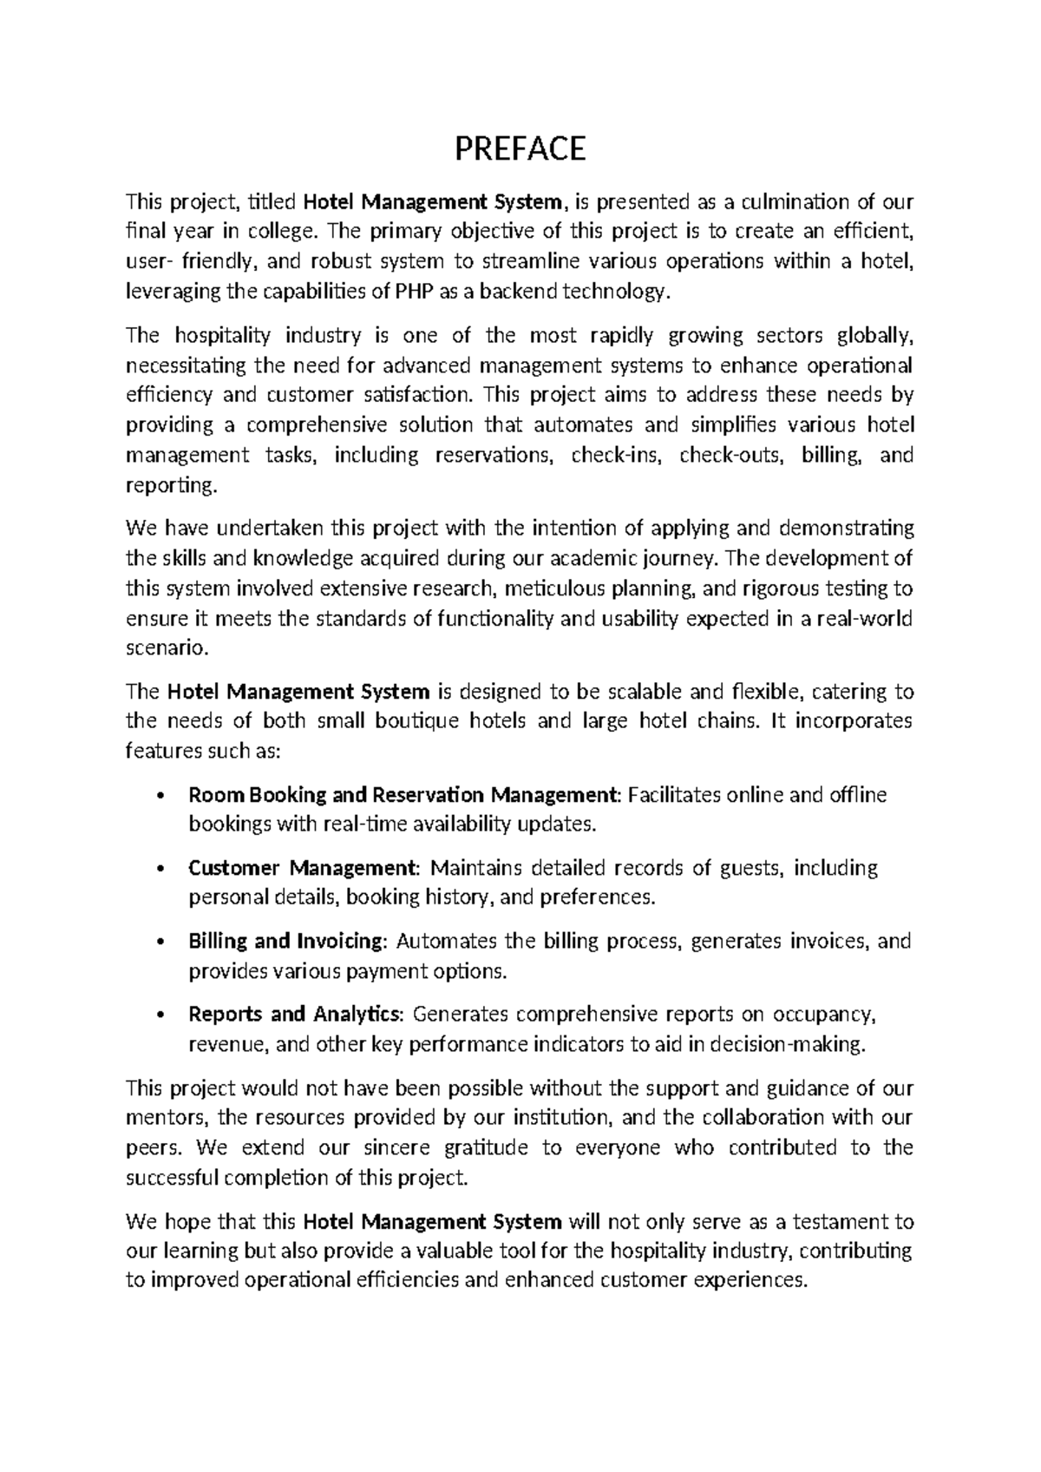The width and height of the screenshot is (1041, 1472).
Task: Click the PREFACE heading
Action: point(520,149)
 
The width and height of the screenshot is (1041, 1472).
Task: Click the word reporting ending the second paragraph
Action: point(168,485)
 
